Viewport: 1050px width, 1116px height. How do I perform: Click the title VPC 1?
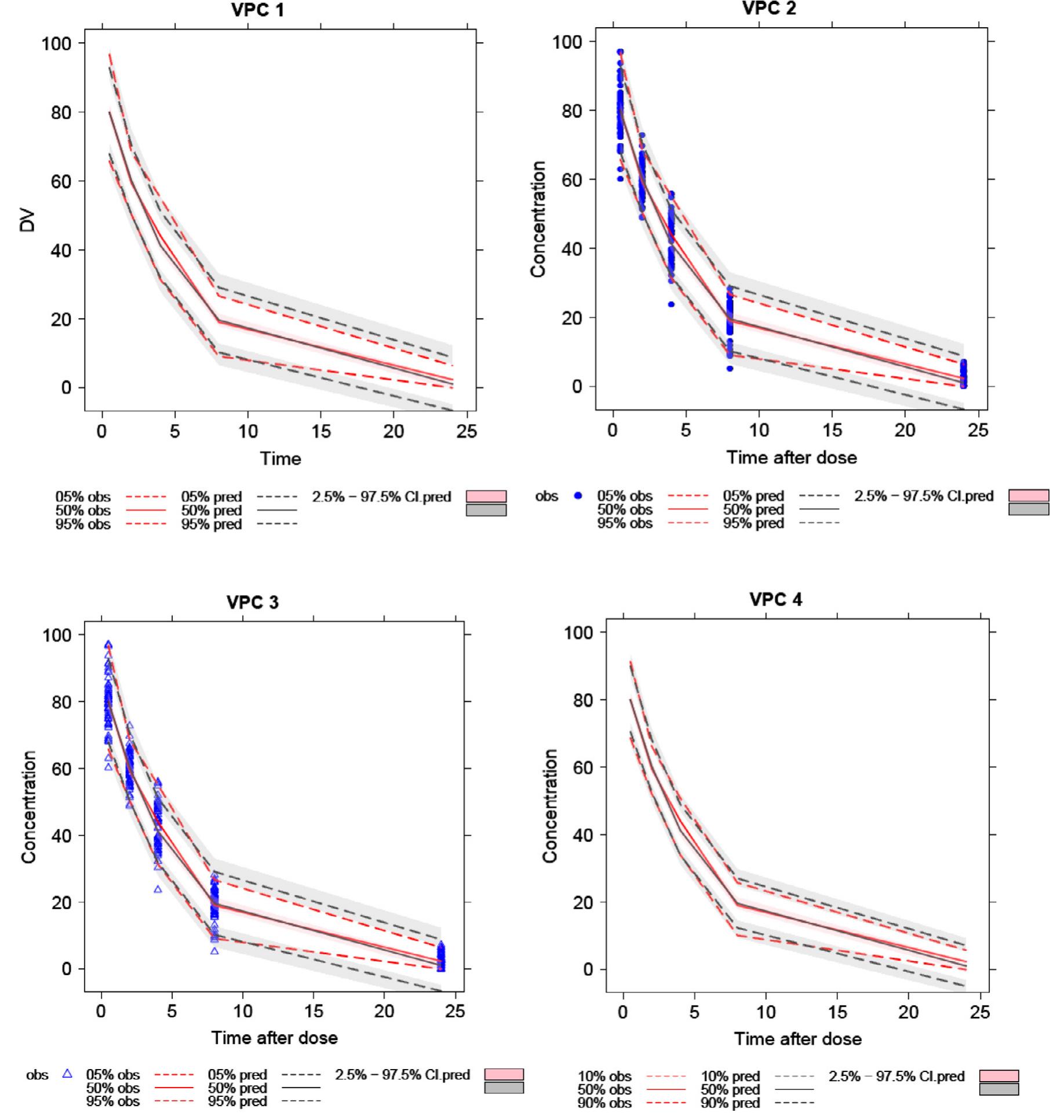tap(258, 10)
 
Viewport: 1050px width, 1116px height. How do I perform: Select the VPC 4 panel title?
tap(776, 600)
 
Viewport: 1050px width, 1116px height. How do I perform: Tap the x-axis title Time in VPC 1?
tap(280, 458)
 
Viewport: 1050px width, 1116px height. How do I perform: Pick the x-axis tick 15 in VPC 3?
tap(313, 1011)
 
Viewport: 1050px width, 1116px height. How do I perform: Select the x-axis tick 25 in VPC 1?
tap(466, 431)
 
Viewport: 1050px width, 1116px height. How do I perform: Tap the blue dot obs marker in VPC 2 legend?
tap(577, 496)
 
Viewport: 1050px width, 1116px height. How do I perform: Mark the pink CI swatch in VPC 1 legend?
tap(486, 497)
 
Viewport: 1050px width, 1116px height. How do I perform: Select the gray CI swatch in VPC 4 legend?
tap(998, 1089)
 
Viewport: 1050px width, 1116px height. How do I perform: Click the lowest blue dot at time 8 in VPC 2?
tap(730, 369)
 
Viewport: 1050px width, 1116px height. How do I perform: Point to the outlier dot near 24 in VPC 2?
tap(671, 304)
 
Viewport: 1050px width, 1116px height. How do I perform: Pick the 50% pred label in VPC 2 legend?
tap(753, 510)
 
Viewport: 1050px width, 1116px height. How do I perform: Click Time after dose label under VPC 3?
tap(274, 1037)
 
